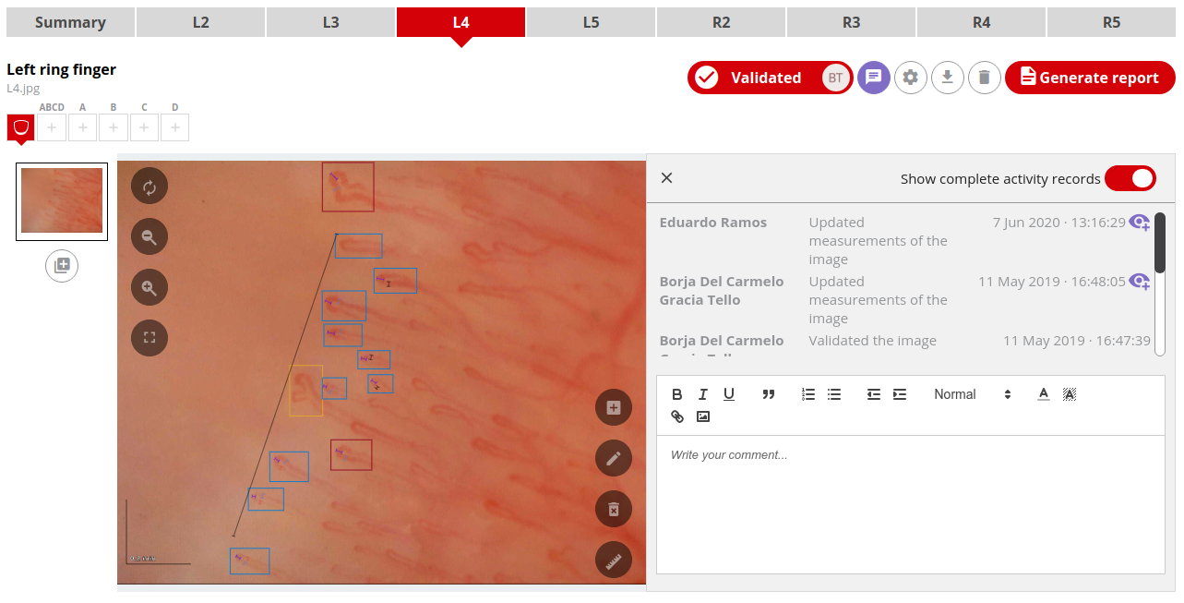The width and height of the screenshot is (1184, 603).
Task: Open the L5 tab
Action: pos(591,22)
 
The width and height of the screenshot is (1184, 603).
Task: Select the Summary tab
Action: pos(70,22)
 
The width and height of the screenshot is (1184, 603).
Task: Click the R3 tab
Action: pos(851,22)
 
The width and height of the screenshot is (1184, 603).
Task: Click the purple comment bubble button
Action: pos(873,78)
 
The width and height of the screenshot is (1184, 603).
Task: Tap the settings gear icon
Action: pos(910,78)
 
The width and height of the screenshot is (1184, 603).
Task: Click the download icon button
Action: pos(947,78)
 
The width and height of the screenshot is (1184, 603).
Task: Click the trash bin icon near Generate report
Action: pos(984,78)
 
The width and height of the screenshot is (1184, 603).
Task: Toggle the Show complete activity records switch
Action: pos(1130,178)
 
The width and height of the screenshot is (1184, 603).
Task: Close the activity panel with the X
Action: pos(667,178)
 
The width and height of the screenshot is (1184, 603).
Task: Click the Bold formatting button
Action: pos(676,394)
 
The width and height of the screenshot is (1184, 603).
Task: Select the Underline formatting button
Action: pos(729,394)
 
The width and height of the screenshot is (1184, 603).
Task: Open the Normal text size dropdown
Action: pos(972,394)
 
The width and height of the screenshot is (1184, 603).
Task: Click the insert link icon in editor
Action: pos(676,416)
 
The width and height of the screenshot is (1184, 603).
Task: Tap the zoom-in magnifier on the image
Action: pos(149,287)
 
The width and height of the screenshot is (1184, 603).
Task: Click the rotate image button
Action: pos(149,187)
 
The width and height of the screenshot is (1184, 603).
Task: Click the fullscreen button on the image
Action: pos(149,337)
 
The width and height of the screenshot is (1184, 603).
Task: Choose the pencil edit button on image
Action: pos(614,458)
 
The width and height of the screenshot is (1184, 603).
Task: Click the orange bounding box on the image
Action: pos(305,391)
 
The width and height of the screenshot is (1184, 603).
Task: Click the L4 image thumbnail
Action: pos(62,201)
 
